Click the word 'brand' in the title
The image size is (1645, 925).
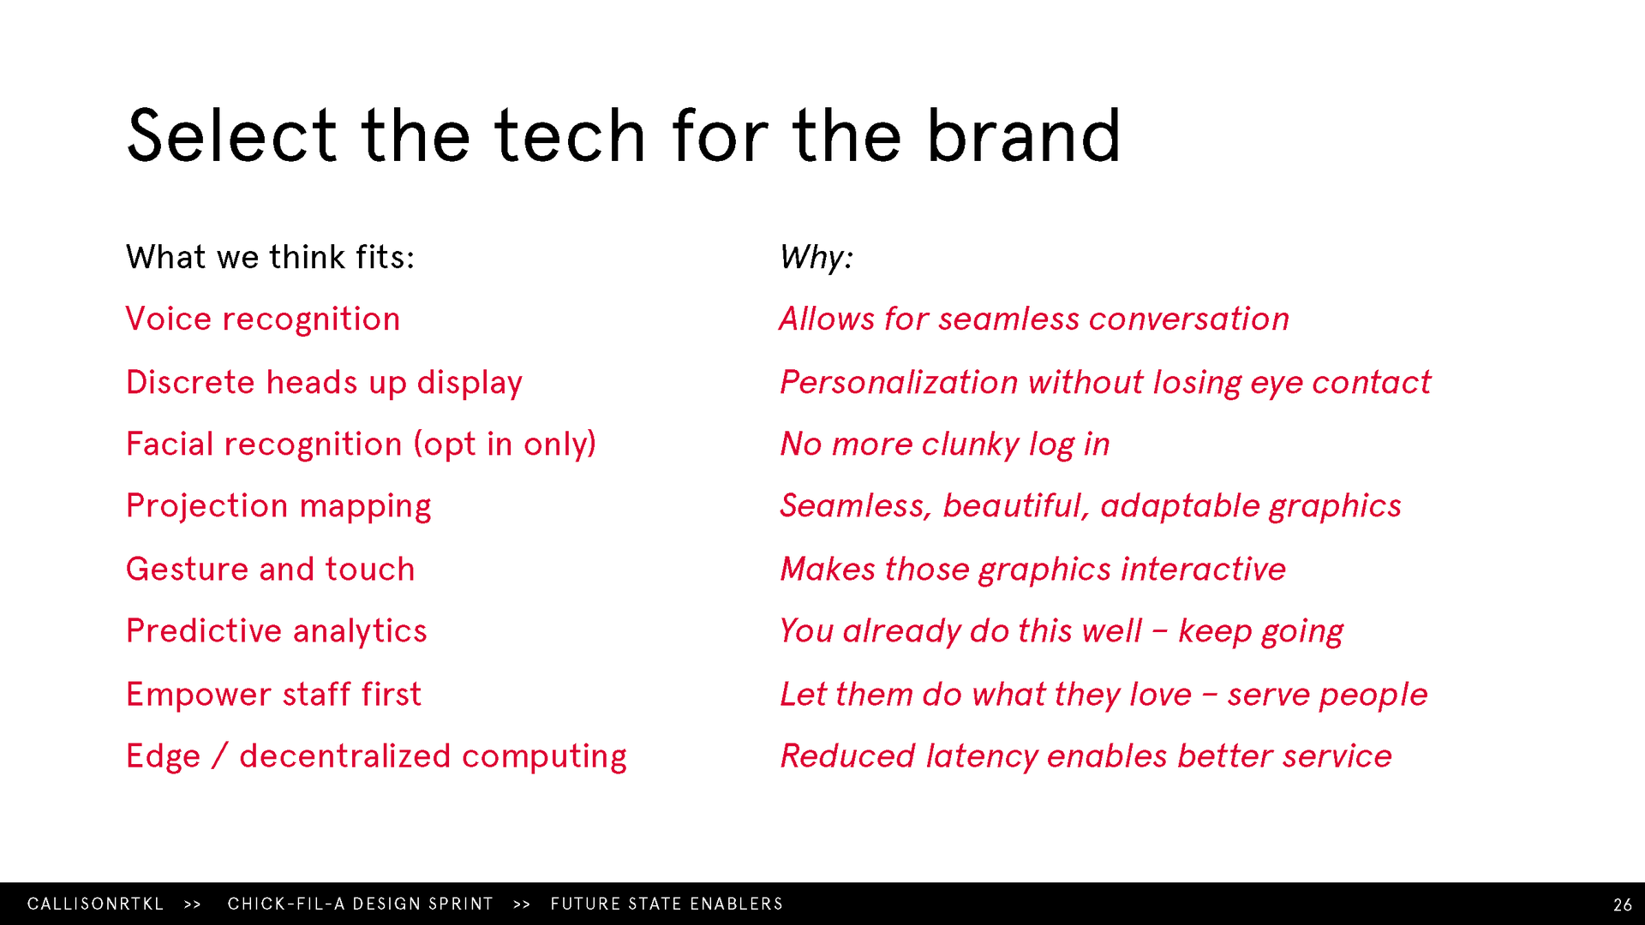pyautogui.click(x=1024, y=135)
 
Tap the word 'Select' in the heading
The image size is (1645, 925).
pyautogui.click(x=231, y=135)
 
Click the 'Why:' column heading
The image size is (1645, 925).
pyautogui.click(x=817, y=258)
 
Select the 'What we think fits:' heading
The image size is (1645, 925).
pyautogui.click(x=270, y=257)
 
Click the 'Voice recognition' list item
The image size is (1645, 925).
pyautogui.click(x=263, y=319)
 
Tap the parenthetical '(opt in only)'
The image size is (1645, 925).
pyautogui.click(x=505, y=445)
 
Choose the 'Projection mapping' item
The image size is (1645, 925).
pyautogui.click(x=278, y=507)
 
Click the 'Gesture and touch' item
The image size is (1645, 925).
pyautogui.click(x=270, y=570)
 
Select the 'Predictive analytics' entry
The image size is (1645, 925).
pyautogui.click(x=276, y=632)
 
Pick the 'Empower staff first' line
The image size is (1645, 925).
pyautogui.click(x=273, y=694)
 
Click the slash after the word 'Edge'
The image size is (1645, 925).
pyautogui.click(x=220, y=756)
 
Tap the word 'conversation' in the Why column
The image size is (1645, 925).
pyautogui.click(x=1189, y=319)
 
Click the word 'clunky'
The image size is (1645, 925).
pyautogui.click(x=970, y=445)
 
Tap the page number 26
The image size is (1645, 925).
pyautogui.click(x=1623, y=904)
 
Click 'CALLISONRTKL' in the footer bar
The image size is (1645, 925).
pyautogui.click(x=95, y=904)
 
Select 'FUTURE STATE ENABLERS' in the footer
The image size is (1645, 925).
pyautogui.click(x=667, y=904)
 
